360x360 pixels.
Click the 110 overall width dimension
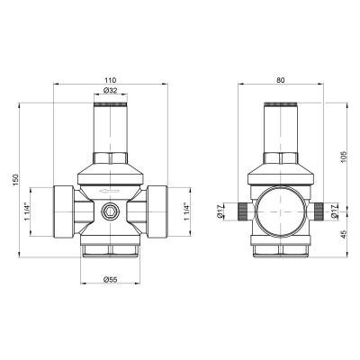(x=112, y=79)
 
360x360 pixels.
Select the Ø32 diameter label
(x=112, y=92)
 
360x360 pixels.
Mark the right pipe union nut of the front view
(x=159, y=214)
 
